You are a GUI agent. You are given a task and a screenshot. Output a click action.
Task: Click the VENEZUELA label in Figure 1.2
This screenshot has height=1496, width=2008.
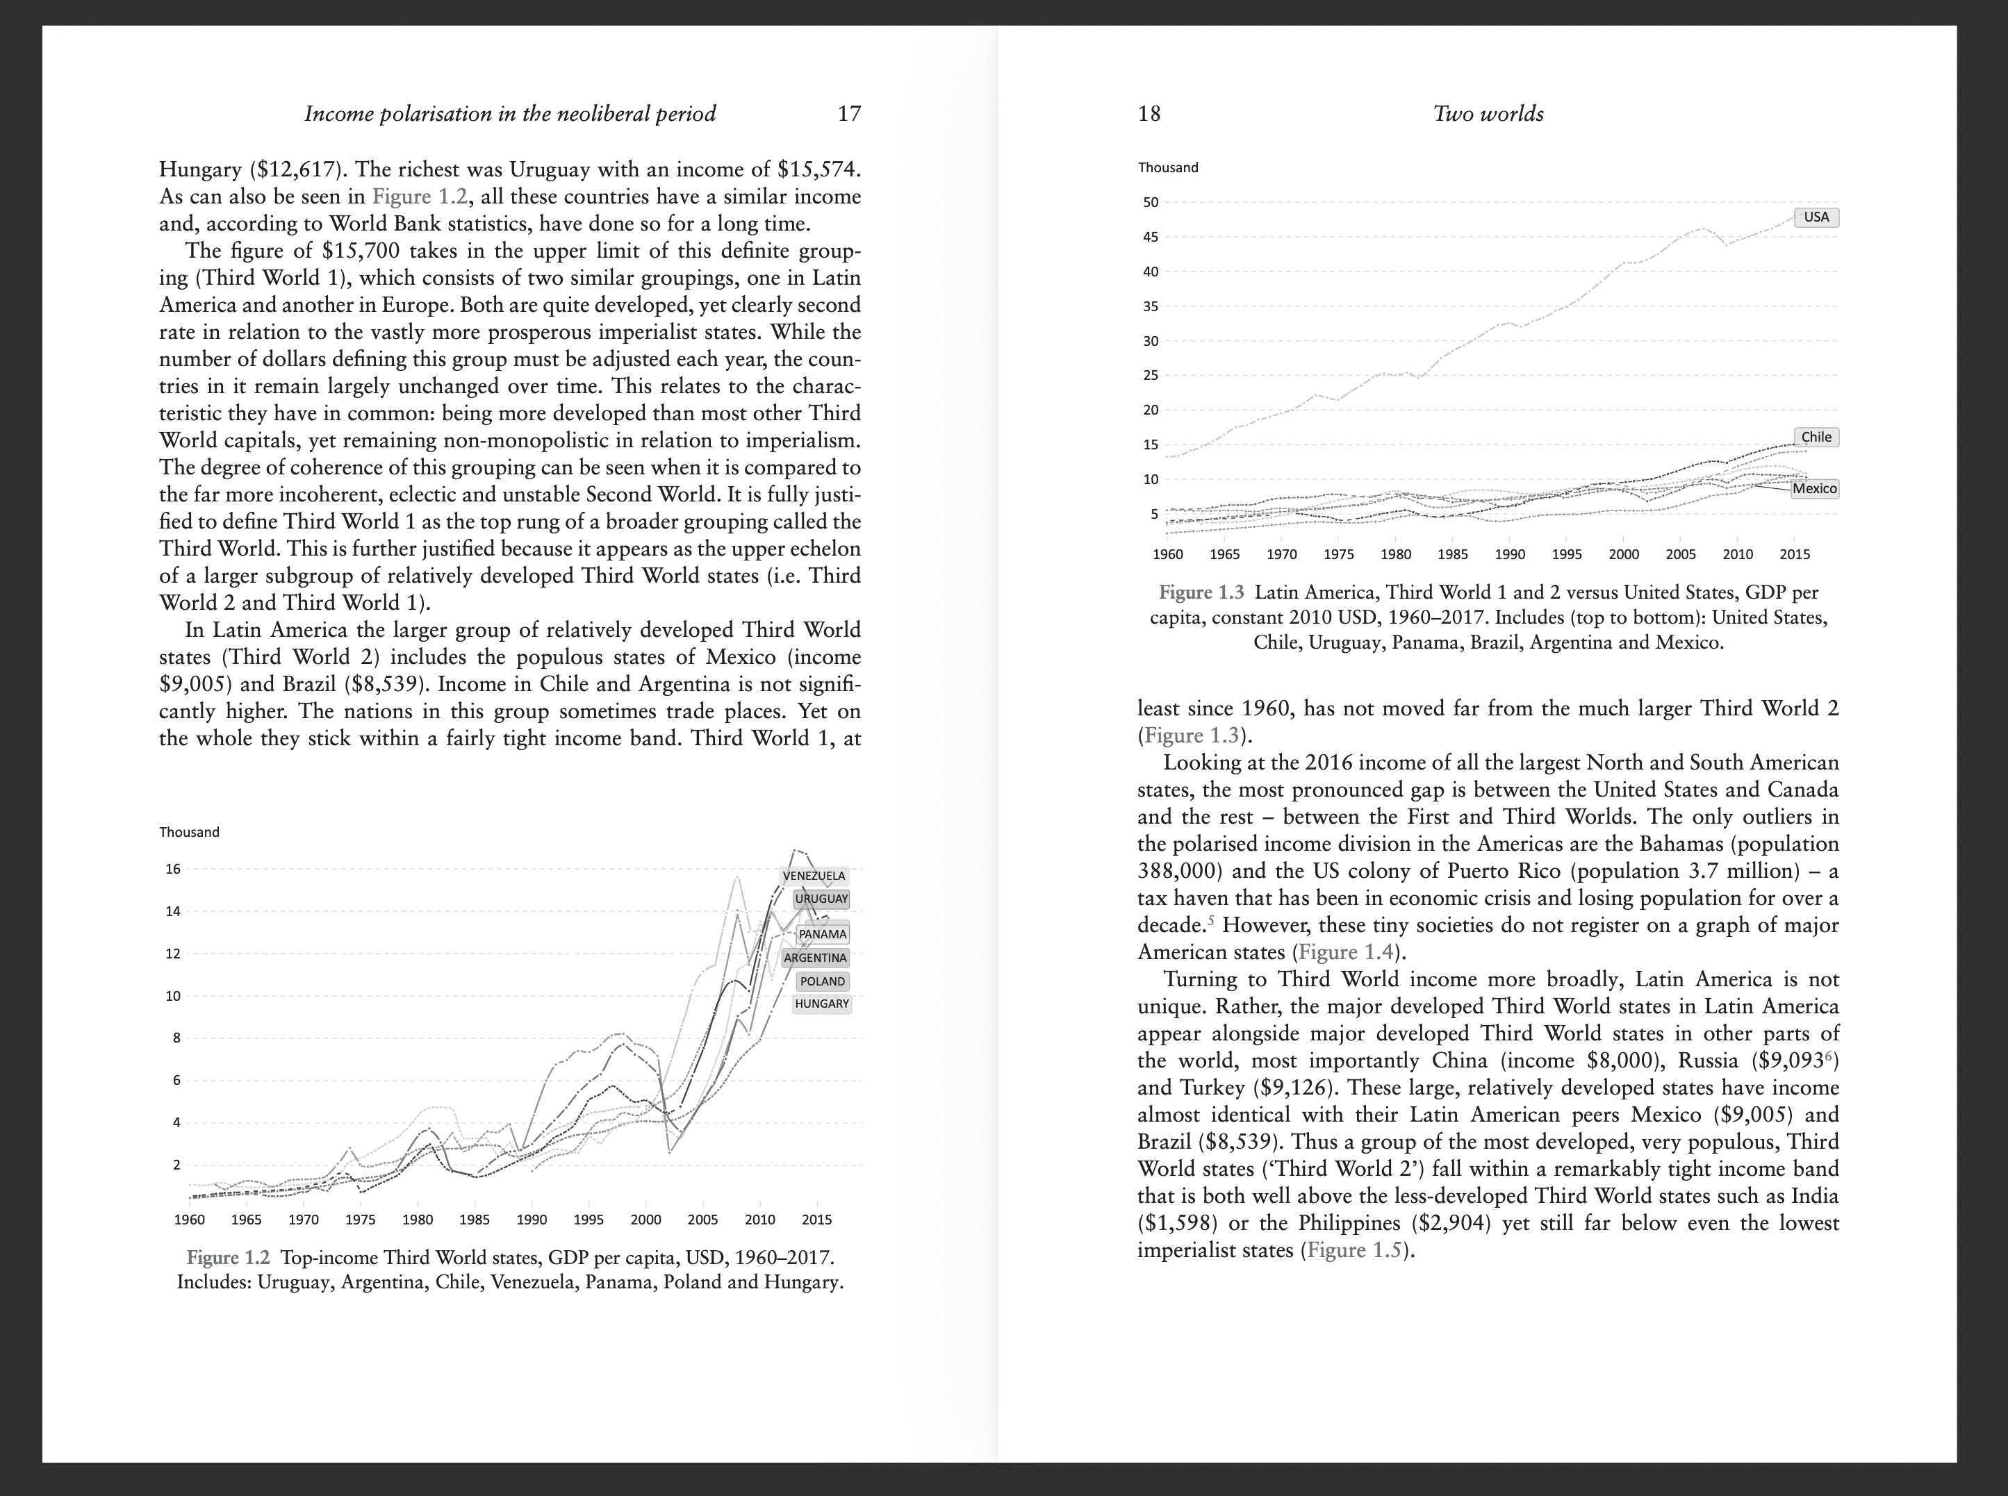tap(814, 876)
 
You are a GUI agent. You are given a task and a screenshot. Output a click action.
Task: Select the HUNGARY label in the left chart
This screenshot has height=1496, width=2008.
tap(821, 1004)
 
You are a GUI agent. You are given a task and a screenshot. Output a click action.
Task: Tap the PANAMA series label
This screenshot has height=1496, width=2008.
tap(823, 933)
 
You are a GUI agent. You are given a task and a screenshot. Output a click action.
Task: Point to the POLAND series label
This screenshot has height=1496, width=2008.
tap(823, 981)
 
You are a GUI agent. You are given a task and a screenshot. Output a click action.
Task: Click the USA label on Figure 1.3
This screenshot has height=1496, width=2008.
tap(1816, 217)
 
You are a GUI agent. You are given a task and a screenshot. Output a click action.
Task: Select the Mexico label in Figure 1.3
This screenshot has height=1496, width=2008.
tap(1815, 489)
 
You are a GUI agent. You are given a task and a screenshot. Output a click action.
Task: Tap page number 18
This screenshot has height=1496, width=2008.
tap(1149, 114)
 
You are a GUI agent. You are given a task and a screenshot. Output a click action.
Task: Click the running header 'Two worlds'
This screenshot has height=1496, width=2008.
tap(1488, 114)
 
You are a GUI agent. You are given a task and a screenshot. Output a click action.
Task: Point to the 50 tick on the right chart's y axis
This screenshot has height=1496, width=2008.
tap(1151, 203)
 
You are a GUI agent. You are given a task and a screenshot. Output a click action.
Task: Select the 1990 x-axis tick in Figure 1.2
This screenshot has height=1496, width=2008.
tap(532, 1220)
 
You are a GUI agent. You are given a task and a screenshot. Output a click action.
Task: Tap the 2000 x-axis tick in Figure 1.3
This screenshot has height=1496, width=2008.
tap(1623, 554)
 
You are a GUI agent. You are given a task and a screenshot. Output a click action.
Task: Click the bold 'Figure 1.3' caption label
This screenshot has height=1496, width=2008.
tap(1201, 593)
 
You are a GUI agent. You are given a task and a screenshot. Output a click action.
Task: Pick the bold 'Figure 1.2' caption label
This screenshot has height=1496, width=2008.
tap(228, 1258)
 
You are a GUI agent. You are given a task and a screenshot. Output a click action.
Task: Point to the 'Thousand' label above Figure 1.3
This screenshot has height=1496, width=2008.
tap(1169, 167)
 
